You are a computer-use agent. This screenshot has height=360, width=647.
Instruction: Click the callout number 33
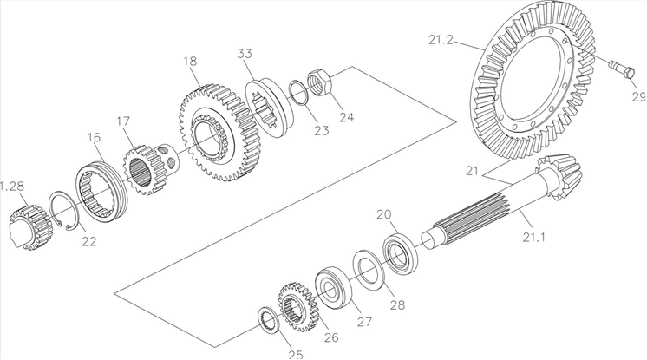click(245, 54)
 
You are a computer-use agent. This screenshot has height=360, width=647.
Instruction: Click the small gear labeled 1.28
click(27, 228)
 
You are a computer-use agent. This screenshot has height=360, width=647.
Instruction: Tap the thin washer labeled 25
click(268, 318)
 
